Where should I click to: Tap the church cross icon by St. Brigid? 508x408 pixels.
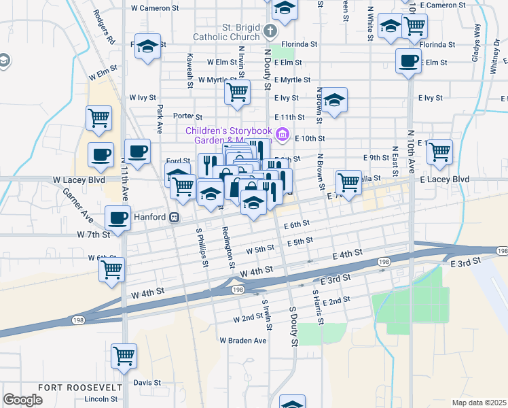pyautogui.click(x=271, y=31)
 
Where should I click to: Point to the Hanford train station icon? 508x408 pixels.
pyautogui.click(x=175, y=217)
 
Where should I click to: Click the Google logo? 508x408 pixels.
pyautogui.click(x=23, y=400)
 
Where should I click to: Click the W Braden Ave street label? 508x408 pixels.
pyautogui.click(x=242, y=340)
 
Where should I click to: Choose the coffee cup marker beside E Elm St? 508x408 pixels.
pyautogui.click(x=408, y=61)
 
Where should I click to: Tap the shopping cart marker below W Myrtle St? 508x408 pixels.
pyautogui.click(x=237, y=92)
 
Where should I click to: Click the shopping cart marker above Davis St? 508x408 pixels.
pyautogui.click(x=124, y=356)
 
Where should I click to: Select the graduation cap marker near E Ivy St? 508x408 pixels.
pyautogui.click(x=334, y=101)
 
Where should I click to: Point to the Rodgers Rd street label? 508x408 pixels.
pyautogui.click(x=104, y=27)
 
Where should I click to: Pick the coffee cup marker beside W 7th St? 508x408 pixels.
pyautogui.click(x=118, y=219)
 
